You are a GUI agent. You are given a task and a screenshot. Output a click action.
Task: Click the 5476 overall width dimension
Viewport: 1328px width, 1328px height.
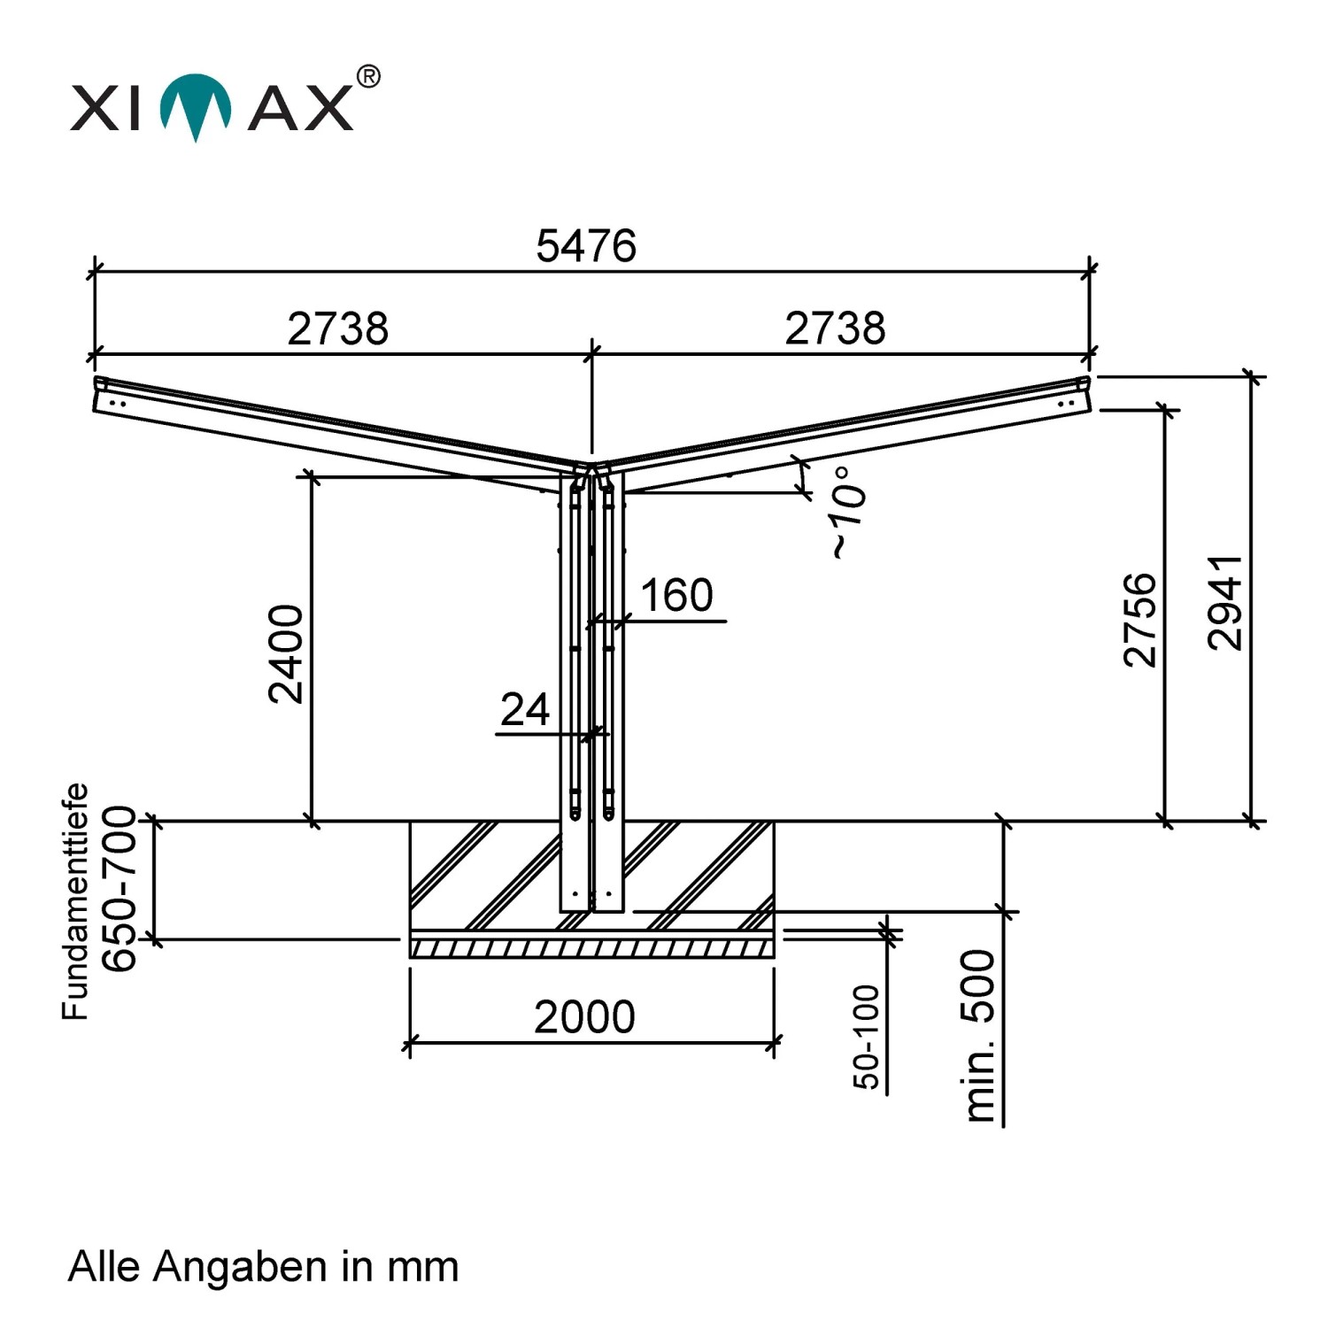click(586, 245)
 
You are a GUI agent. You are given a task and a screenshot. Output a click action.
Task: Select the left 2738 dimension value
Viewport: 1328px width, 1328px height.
click(338, 328)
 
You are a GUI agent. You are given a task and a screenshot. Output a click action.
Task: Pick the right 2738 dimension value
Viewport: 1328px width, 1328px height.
click(835, 328)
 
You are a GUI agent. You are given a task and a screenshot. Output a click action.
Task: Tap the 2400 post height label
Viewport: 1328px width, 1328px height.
click(286, 653)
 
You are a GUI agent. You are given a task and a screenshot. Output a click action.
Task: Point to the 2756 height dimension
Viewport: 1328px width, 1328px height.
click(1140, 620)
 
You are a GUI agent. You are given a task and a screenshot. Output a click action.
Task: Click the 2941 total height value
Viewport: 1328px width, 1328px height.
click(1226, 603)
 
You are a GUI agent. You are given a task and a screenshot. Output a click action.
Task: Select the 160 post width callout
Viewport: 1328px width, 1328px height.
click(676, 595)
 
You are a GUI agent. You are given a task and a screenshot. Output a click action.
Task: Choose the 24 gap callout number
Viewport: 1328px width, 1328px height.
click(525, 709)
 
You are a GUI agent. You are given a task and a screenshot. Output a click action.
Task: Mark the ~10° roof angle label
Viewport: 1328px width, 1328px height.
click(847, 513)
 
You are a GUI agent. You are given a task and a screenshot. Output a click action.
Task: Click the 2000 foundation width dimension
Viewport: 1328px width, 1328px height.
click(584, 1017)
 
